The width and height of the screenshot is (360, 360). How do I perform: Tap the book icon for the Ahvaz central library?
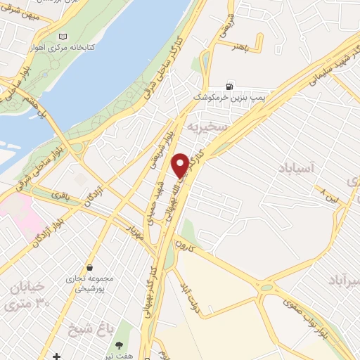point(65,37)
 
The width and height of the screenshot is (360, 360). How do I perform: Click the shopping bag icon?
point(91,267)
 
